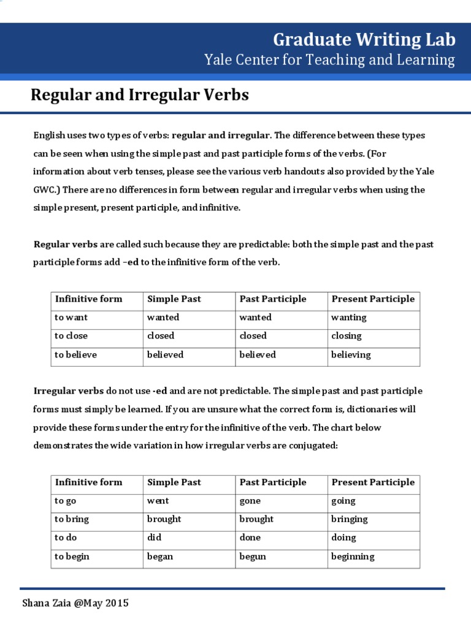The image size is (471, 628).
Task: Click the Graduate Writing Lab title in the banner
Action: pos(364,40)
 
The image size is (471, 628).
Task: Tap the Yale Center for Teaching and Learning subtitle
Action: pos(329,60)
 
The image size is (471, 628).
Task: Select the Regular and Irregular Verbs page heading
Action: pos(140,95)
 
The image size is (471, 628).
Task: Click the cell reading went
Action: pos(158,500)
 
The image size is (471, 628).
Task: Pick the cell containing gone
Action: pos(250,500)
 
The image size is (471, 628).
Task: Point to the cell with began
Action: pos(160,556)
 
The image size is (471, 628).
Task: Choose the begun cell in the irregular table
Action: pos(253,556)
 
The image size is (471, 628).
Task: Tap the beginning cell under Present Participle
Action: pos(353,556)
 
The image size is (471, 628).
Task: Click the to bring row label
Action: pos(72,519)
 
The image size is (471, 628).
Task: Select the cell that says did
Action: pos(155,537)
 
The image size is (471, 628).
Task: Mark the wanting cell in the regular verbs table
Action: pos(349,317)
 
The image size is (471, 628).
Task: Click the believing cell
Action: pos(351,354)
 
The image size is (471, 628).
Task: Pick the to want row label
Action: pos(71,317)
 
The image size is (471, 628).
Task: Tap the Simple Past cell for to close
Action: pos(161,335)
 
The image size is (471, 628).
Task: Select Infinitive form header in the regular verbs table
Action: pos(89,299)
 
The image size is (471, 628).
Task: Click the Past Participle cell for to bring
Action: pos(256,519)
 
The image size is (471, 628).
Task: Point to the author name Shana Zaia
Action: pos(45,603)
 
